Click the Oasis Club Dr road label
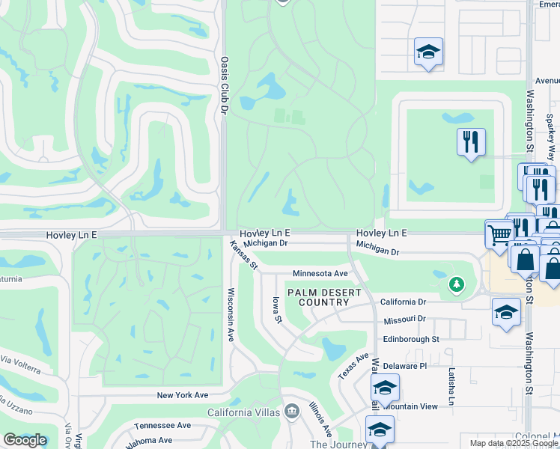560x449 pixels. (223, 84)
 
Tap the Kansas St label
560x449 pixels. (243, 255)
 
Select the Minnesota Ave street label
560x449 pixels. (320, 274)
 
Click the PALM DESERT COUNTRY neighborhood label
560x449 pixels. (323, 297)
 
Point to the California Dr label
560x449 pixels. (403, 302)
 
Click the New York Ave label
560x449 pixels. (182, 395)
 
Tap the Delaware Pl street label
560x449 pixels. (404, 366)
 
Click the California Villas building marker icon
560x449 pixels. (292, 412)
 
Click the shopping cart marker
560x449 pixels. (499, 234)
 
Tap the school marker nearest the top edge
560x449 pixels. (428, 52)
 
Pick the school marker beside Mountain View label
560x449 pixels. (385, 388)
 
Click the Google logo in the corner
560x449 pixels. (25, 440)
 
